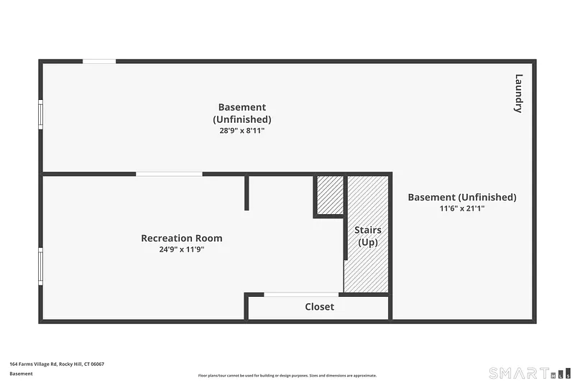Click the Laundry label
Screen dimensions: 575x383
pos(518,93)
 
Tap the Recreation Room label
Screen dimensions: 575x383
pos(182,239)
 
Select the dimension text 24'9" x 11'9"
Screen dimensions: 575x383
pos(182,249)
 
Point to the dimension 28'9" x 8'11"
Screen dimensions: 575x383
pos(242,131)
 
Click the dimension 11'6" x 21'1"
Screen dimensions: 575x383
pos(462,208)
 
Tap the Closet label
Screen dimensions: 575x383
pos(319,307)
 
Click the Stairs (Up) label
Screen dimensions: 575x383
pos(368,236)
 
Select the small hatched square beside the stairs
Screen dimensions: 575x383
pos(330,195)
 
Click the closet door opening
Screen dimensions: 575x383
pos(301,295)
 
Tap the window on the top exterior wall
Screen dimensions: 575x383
pos(99,61)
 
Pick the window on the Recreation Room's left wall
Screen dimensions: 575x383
pos(41,267)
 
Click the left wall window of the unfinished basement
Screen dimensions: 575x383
pos(41,114)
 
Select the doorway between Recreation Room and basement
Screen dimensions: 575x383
pos(169,174)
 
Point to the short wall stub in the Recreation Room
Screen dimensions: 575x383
pos(247,193)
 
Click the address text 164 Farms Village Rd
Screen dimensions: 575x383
pos(33,364)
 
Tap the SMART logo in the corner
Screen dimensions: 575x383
pos(530,373)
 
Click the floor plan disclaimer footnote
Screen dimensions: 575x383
pos(287,375)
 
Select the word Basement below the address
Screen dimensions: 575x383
pos(21,374)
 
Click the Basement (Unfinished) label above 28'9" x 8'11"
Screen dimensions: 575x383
pos(242,114)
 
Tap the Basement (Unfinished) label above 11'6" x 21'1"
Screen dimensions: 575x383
pos(462,197)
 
